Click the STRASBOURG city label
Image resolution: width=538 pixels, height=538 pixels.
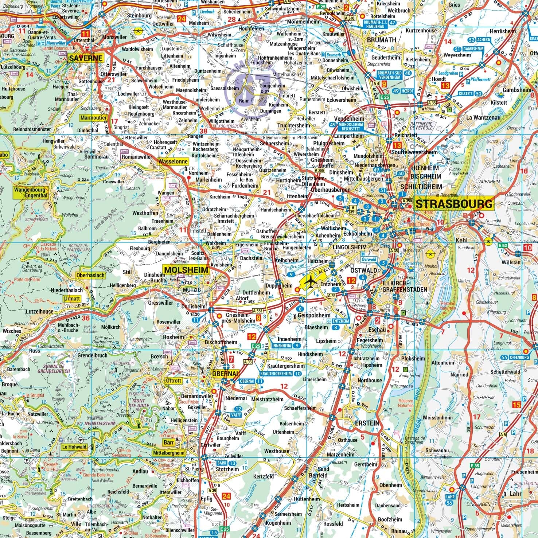point(454,203)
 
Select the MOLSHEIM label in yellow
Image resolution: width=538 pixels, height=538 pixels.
point(186,270)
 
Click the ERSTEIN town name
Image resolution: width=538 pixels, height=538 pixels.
point(367,424)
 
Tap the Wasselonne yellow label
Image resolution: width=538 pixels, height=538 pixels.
point(173,161)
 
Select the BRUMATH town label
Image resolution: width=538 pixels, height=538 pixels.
point(382,40)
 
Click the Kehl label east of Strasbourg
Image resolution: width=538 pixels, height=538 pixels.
point(461,241)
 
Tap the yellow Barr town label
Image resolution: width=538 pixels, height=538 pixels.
point(168,442)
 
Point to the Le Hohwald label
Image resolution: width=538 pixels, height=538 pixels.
point(74,447)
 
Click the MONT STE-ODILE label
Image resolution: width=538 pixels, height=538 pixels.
point(137,403)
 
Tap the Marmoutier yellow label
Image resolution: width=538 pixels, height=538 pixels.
point(93,118)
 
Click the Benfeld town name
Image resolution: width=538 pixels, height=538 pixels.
point(318,476)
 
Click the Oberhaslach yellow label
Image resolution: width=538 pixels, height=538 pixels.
point(90,276)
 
